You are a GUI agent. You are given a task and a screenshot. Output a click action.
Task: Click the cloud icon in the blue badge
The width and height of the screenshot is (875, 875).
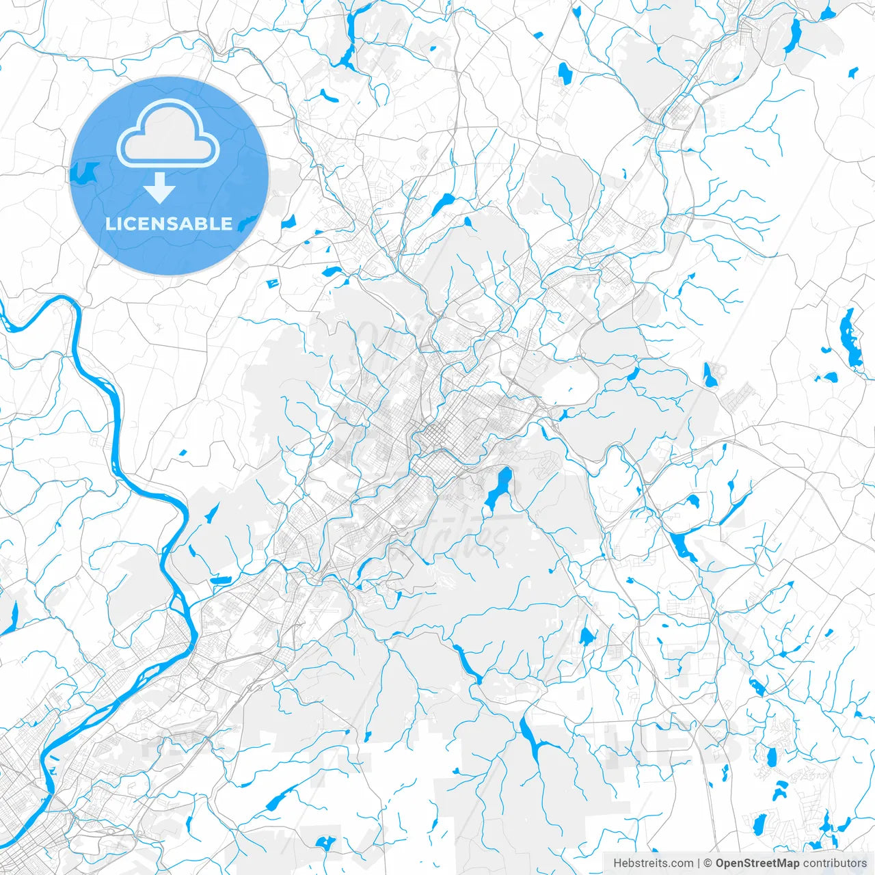click(168, 133)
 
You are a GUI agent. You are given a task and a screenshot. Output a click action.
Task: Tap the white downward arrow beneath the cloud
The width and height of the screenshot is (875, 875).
click(160, 188)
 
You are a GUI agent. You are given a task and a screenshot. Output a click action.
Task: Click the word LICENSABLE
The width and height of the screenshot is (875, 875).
click(169, 224)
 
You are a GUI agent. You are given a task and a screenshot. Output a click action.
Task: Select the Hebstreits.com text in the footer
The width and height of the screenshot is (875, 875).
click(653, 863)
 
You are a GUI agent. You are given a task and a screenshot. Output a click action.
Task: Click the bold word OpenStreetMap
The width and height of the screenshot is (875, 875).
click(757, 863)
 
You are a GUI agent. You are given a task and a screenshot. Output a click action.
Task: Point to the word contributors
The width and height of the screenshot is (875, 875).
click(834, 863)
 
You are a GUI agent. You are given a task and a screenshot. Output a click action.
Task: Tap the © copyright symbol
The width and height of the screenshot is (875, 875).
click(708, 863)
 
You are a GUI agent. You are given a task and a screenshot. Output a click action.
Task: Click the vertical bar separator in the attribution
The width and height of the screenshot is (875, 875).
click(699, 863)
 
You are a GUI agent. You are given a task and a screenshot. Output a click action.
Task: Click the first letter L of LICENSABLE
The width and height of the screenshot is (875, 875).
click(111, 224)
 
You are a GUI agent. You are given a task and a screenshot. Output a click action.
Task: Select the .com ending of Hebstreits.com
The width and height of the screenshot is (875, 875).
click(682, 863)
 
